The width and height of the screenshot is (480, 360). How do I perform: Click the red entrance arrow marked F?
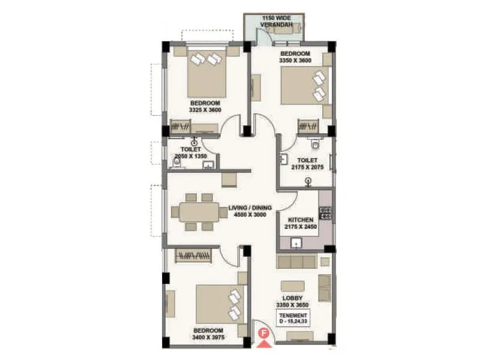pyautogui.click(x=263, y=341)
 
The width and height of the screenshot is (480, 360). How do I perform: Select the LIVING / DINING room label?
pyautogui.click(x=250, y=208)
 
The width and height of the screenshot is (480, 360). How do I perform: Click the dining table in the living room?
pyautogui.click(x=195, y=212)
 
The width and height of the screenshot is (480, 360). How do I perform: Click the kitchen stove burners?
pyautogui.click(x=325, y=213)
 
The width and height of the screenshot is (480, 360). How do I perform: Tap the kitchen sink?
pyautogui.click(x=295, y=243)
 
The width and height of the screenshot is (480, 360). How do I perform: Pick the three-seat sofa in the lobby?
pyautogui.click(x=296, y=262)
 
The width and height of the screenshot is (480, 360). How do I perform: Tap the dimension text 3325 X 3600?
pyautogui.click(x=205, y=110)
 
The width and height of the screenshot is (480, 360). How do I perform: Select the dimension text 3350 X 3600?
pyautogui.click(x=295, y=61)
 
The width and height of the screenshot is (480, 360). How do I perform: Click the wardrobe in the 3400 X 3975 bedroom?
pyautogui.click(x=193, y=256)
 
